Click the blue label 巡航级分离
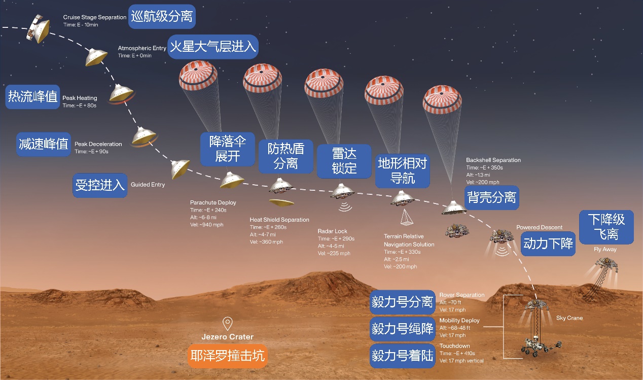[x=162, y=16]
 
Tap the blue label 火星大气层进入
[x=213, y=47]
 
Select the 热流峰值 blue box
[x=32, y=96]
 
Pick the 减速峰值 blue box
[x=43, y=144]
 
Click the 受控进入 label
[x=100, y=185]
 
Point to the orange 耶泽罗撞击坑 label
[x=227, y=356]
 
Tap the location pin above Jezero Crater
[x=228, y=323]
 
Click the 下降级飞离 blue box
[x=606, y=226]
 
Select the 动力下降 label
[x=548, y=244]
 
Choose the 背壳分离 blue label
[x=492, y=197]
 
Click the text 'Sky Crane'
[x=569, y=318]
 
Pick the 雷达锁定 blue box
[x=344, y=160]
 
